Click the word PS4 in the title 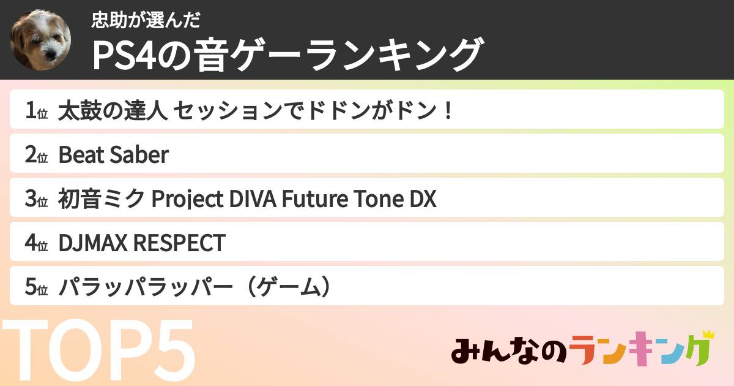click(x=127, y=55)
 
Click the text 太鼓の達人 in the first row click(x=113, y=112)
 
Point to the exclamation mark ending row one click(x=448, y=112)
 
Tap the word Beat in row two click(x=81, y=156)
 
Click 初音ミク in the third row click(x=102, y=200)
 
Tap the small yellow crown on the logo click(x=708, y=335)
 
